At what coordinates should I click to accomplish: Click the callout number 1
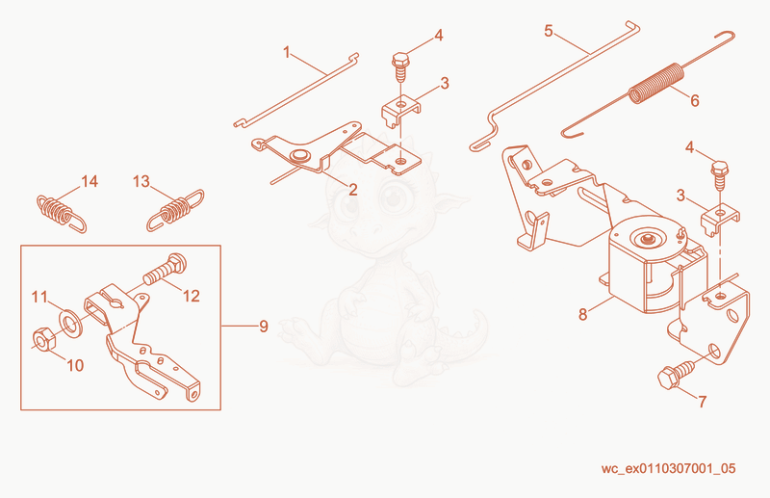click(x=287, y=52)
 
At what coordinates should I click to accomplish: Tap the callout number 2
click(x=352, y=189)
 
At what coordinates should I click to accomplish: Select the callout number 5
click(x=549, y=31)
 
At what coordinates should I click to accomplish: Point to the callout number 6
click(x=694, y=100)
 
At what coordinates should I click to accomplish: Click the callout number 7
click(x=703, y=402)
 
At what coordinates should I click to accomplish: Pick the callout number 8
click(x=583, y=314)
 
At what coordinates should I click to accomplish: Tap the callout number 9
click(x=264, y=326)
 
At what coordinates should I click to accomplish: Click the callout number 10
click(x=75, y=365)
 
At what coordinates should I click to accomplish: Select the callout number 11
click(x=39, y=297)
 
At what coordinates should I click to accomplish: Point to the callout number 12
click(x=191, y=296)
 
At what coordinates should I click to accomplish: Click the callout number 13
click(x=141, y=181)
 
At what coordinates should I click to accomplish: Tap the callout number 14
click(x=90, y=181)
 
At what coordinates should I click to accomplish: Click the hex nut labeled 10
click(x=43, y=340)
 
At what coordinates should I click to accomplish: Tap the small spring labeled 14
click(x=61, y=213)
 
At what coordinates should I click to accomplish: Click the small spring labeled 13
click(x=175, y=210)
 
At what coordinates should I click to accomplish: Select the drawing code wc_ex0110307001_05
click(x=668, y=468)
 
